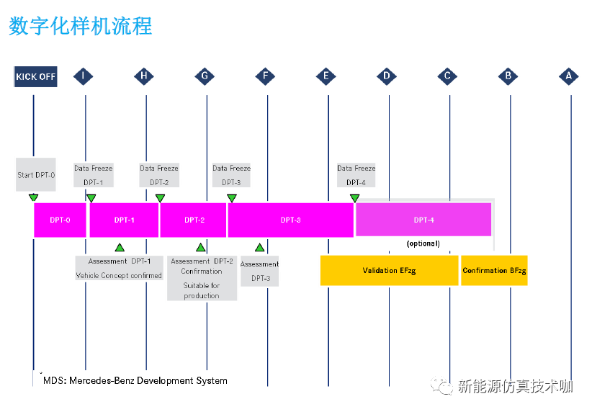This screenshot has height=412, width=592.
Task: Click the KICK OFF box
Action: click(x=35, y=76)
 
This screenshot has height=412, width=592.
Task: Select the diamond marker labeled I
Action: click(x=84, y=76)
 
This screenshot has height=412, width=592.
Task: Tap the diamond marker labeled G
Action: click(x=205, y=76)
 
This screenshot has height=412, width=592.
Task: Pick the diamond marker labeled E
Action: click(x=327, y=76)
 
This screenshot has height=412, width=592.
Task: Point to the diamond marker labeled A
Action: click(x=569, y=76)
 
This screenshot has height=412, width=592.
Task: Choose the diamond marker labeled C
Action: click(x=448, y=76)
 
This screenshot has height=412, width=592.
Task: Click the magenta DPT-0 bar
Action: click(x=60, y=220)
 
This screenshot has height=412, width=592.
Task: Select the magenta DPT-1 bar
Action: click(x=124, y=220)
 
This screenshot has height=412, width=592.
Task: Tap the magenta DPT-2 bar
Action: click(x=194, y=220)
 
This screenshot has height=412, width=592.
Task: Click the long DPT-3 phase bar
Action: click(x=290, y=220)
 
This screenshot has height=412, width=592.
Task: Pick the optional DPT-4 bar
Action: click(x=423, y=220)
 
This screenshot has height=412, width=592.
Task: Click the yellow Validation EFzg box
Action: click(x=389, y=270)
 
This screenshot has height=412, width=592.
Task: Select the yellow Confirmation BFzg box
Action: click(x=494, y=270)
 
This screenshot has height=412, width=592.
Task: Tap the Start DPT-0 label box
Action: click(x=36, y=175)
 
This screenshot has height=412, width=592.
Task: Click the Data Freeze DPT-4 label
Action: click(x=356, y=175)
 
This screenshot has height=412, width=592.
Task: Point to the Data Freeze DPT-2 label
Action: click(x=159, y=175)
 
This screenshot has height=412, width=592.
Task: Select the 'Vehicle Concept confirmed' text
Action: click(x=120, y=276)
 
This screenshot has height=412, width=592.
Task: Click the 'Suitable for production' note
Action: click(x=202, y=290)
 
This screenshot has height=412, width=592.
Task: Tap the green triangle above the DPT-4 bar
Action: click(x=355, y=198)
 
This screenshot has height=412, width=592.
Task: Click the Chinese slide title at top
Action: click(x=80, y=26)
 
